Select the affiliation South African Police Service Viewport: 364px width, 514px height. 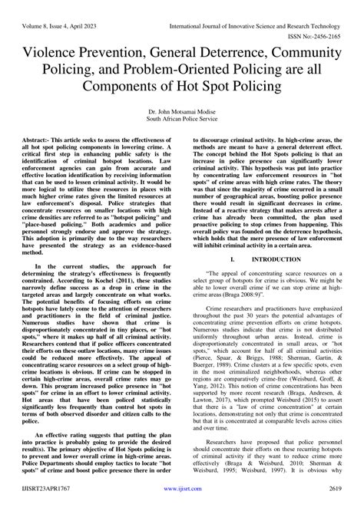182,119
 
